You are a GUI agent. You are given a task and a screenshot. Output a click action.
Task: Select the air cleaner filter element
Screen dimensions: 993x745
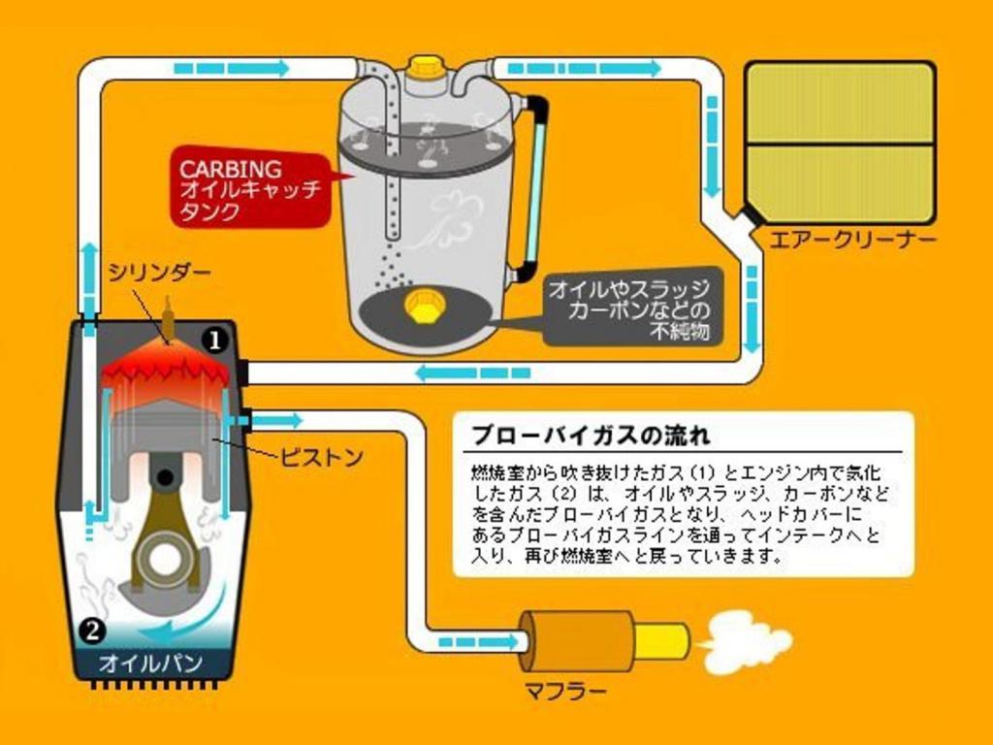tap(841, 144)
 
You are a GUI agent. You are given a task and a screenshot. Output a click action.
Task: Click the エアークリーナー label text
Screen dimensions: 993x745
tap(852, 240)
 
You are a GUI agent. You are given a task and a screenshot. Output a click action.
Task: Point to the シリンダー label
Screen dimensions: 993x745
tap(160, 273)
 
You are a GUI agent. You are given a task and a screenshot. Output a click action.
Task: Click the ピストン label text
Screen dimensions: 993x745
tap(321, 457)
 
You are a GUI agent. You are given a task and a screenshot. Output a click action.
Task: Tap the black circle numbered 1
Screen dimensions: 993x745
tap(214, 340)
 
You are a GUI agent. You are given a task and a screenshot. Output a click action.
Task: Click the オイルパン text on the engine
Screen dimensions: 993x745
tap(150, 664)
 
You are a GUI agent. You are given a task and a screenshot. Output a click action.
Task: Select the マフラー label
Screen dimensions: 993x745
tap(565, 690)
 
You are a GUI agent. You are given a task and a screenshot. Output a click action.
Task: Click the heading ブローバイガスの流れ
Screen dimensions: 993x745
tap(592, 436)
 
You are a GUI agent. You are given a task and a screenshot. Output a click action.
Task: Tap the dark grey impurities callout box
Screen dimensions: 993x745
tap(633, 307)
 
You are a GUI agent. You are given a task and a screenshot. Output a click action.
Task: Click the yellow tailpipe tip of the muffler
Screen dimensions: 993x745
tap(661, 642)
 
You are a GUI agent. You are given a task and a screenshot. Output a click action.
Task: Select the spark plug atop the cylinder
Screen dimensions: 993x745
tap(168, 318)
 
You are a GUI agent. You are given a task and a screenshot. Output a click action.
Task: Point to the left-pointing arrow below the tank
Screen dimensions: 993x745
tap(473, 373)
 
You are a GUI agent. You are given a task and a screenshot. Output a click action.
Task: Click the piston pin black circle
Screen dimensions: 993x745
tap(165, 477)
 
